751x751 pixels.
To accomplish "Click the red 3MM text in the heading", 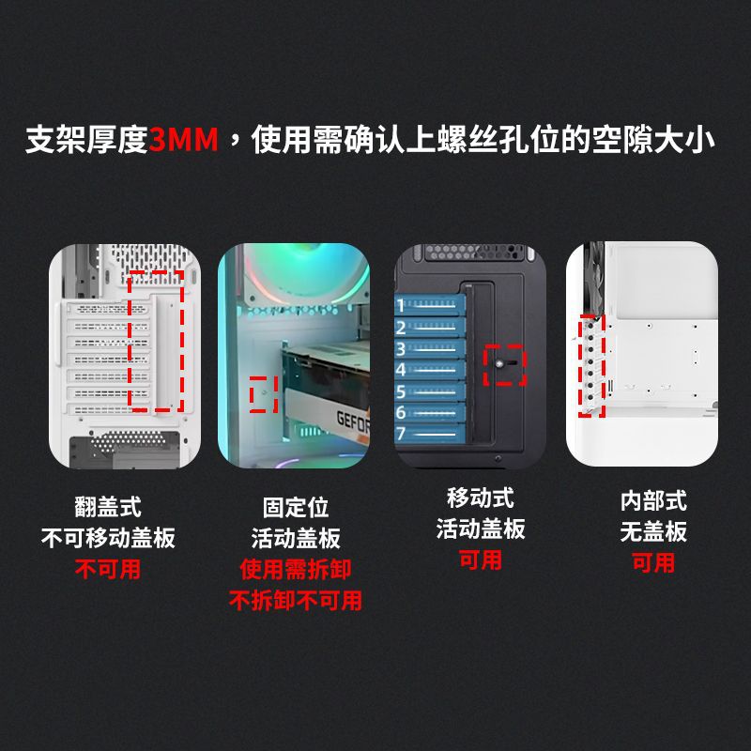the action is click(x=183, y=139).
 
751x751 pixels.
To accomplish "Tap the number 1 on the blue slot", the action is click(x=401, y=305).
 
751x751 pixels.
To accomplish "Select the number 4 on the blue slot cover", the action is click(x=401, y=370).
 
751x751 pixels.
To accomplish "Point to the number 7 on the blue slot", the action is click(x=401, y=434).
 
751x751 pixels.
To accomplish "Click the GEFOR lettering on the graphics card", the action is click(x=353, y=422).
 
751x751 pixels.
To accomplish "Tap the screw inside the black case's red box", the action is click(x=499, y=363).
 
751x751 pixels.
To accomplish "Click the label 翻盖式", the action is click(x=108, y=507).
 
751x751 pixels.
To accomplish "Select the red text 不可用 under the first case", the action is click(x=108, y=569).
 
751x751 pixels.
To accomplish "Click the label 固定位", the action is click(x=296, y=507).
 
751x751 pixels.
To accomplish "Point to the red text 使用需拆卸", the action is click(x=296, y=569).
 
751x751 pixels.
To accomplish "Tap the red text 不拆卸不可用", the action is click(x=296, y=600).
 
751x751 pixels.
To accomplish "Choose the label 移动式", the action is click(x=481, y=498).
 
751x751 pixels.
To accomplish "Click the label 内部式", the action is click(x=653, y=501).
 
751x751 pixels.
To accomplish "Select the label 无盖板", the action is click(x=653, y=531).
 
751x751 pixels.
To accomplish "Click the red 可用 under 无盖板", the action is click(x=653, y=562).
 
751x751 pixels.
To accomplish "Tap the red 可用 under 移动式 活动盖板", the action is click(x=481, y=559).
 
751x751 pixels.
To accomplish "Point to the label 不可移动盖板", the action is click(x=108, y=538).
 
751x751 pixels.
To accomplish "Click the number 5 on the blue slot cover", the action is click(x=401, y=391).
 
